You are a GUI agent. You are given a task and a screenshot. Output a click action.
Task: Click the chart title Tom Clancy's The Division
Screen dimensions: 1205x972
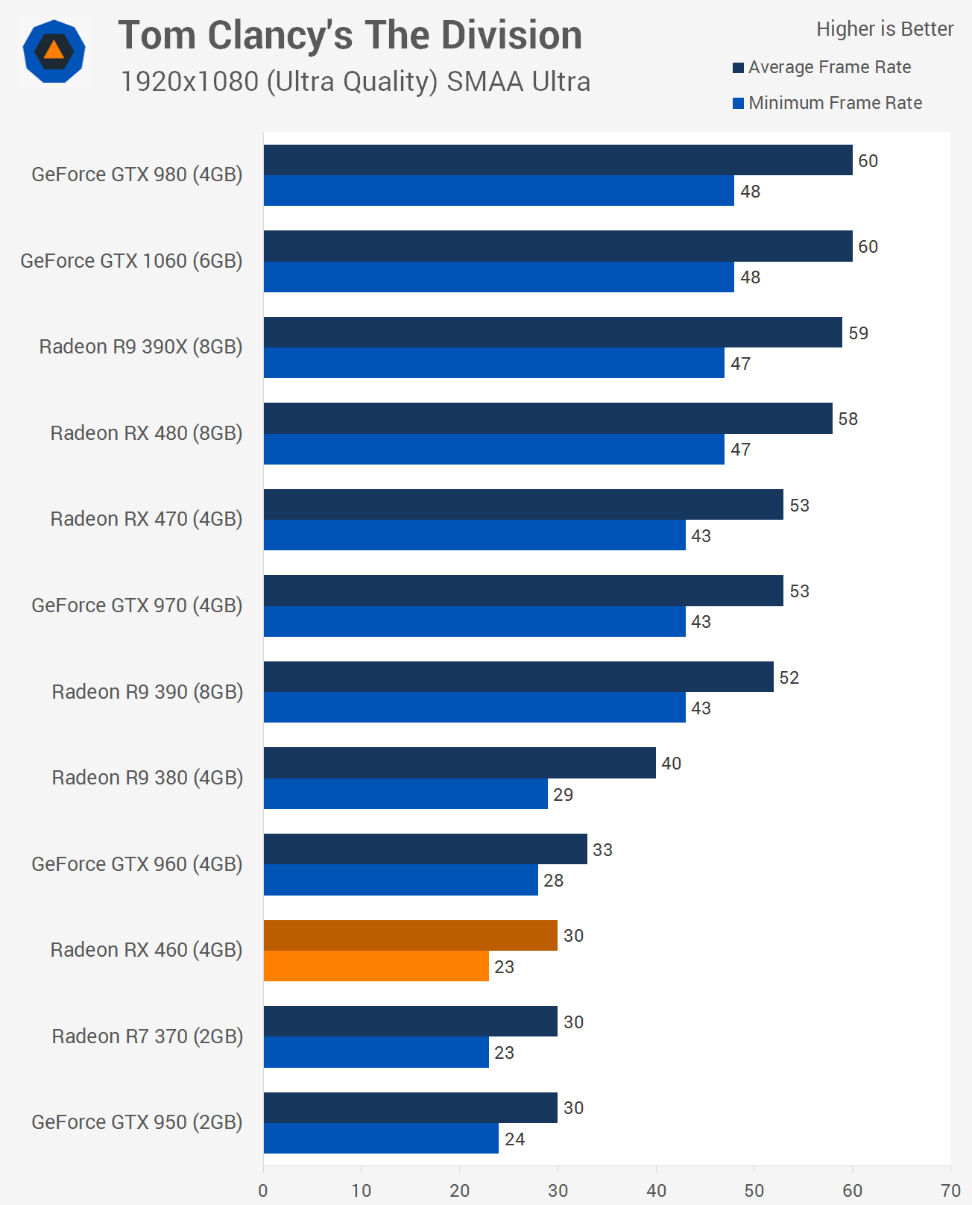click(350, 35)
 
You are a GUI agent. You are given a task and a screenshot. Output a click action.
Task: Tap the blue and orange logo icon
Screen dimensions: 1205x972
click(54, 51)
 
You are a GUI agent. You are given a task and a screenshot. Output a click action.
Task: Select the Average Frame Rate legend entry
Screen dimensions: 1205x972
click(822, 67)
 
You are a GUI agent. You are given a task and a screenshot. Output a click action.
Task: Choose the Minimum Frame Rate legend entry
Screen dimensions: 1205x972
click(827, 103)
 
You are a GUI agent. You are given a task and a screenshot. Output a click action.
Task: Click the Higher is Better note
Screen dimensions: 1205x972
click(885, 29)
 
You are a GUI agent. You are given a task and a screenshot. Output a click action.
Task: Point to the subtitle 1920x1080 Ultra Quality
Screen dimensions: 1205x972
click(355, 81)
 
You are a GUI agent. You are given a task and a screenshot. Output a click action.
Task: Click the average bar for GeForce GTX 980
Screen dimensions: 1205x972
click(558, 160)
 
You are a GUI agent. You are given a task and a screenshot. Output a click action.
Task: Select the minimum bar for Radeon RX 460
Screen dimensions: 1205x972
click(376, 966)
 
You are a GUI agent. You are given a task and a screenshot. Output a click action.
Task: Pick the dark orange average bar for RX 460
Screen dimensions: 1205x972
click(410, 935)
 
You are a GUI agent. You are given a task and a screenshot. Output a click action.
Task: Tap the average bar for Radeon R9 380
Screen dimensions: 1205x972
click(459, 763)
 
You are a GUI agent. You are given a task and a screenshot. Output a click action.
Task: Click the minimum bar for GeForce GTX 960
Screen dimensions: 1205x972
click(400, 880)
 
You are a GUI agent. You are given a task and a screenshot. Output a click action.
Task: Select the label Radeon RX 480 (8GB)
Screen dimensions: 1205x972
click(146, 433)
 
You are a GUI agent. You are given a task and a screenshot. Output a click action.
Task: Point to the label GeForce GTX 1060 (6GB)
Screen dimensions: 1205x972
click(131, 261)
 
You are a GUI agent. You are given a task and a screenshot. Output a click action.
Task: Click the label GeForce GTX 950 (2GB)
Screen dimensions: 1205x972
click(137, 1122)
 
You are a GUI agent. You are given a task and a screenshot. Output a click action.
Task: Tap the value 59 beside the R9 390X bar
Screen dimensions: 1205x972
click(858, 333)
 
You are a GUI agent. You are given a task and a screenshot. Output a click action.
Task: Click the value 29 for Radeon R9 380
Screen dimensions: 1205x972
click(563, 795)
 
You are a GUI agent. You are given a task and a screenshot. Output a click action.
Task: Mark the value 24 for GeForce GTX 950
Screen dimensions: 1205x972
click(514, 1139)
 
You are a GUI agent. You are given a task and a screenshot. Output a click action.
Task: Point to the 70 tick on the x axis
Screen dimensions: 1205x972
click(950, 1191)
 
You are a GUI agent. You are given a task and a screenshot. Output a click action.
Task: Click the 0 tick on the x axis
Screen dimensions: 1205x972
click(263, 1191)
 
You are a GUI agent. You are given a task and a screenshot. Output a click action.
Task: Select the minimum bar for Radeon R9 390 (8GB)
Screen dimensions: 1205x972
click(474, 708)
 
